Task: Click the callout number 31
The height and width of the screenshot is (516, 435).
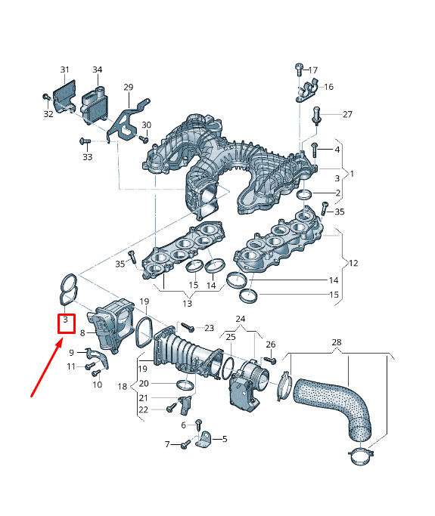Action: tap(64, 70)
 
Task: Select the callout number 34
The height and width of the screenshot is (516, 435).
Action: tap(97, 70)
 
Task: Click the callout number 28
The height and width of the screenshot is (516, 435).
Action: tap(337, 341)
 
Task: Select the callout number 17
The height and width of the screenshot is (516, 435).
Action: tap(313, 70)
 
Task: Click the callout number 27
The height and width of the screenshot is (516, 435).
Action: tap(347, 115)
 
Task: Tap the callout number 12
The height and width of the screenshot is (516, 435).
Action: tap(353, 263)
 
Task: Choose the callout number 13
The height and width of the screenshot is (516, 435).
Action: tap(188, 303)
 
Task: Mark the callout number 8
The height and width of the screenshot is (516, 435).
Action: tap(82, 332)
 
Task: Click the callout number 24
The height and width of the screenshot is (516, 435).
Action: tap(241, 319)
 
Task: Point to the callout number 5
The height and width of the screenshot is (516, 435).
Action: tap(224, 438)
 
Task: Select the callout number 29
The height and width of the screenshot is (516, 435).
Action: tap(128, 88)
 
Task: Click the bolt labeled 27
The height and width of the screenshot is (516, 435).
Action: tap(317, 116)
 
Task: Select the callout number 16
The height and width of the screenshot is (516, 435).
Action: tap(328, 87)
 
